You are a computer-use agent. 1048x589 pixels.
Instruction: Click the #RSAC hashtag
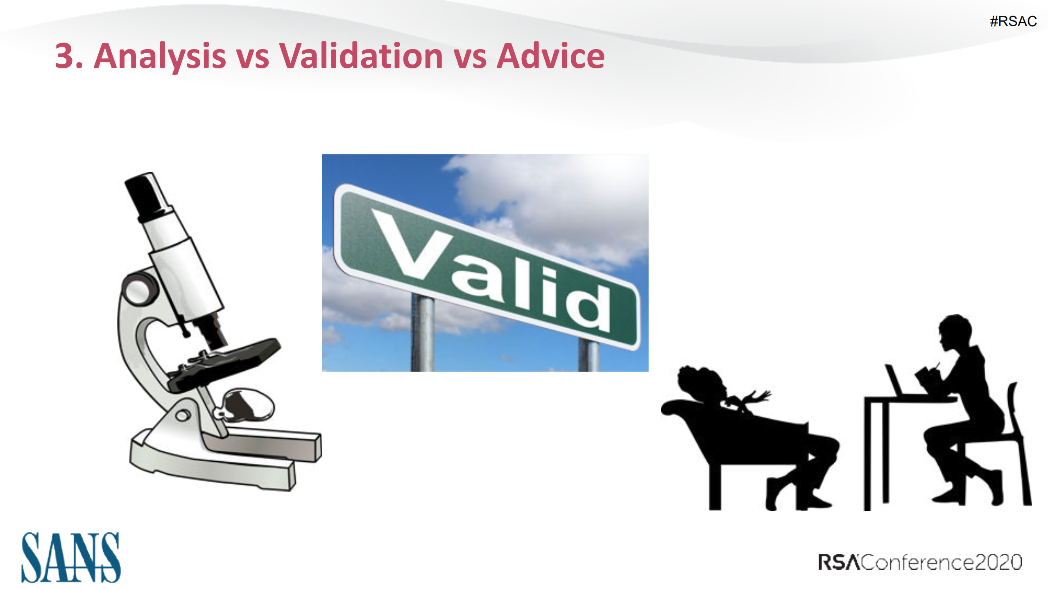tap(1013, 21)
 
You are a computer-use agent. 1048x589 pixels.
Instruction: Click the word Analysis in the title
tap(160, 56)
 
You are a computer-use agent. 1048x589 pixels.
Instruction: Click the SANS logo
tap(71, 557)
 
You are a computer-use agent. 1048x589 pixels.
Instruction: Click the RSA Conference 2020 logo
tap(920, 562)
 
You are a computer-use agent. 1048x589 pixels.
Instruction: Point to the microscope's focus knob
tap(140, 289)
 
